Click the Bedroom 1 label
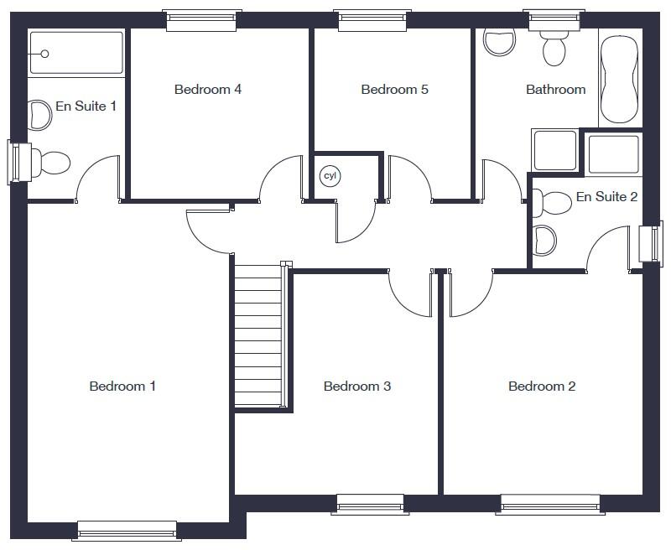[x=122, y=387]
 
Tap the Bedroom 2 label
[x=542, y=387]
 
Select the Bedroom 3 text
[x=357, y=387]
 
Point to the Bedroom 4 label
[x=208, y=90]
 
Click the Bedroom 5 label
[x=394, y=90]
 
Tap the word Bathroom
[x=555, y=90]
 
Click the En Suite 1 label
[x=86, y=106]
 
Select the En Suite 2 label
[x=606, y=197]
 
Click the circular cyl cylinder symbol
[x=330, y=176]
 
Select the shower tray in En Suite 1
[x=75, y=54]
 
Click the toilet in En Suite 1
[x=50, y=162]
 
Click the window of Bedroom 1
[x=127, y=530]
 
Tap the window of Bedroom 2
[x=551, y=503]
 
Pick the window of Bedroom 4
[x=204, y=20]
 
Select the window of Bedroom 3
[x=370, y=503]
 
